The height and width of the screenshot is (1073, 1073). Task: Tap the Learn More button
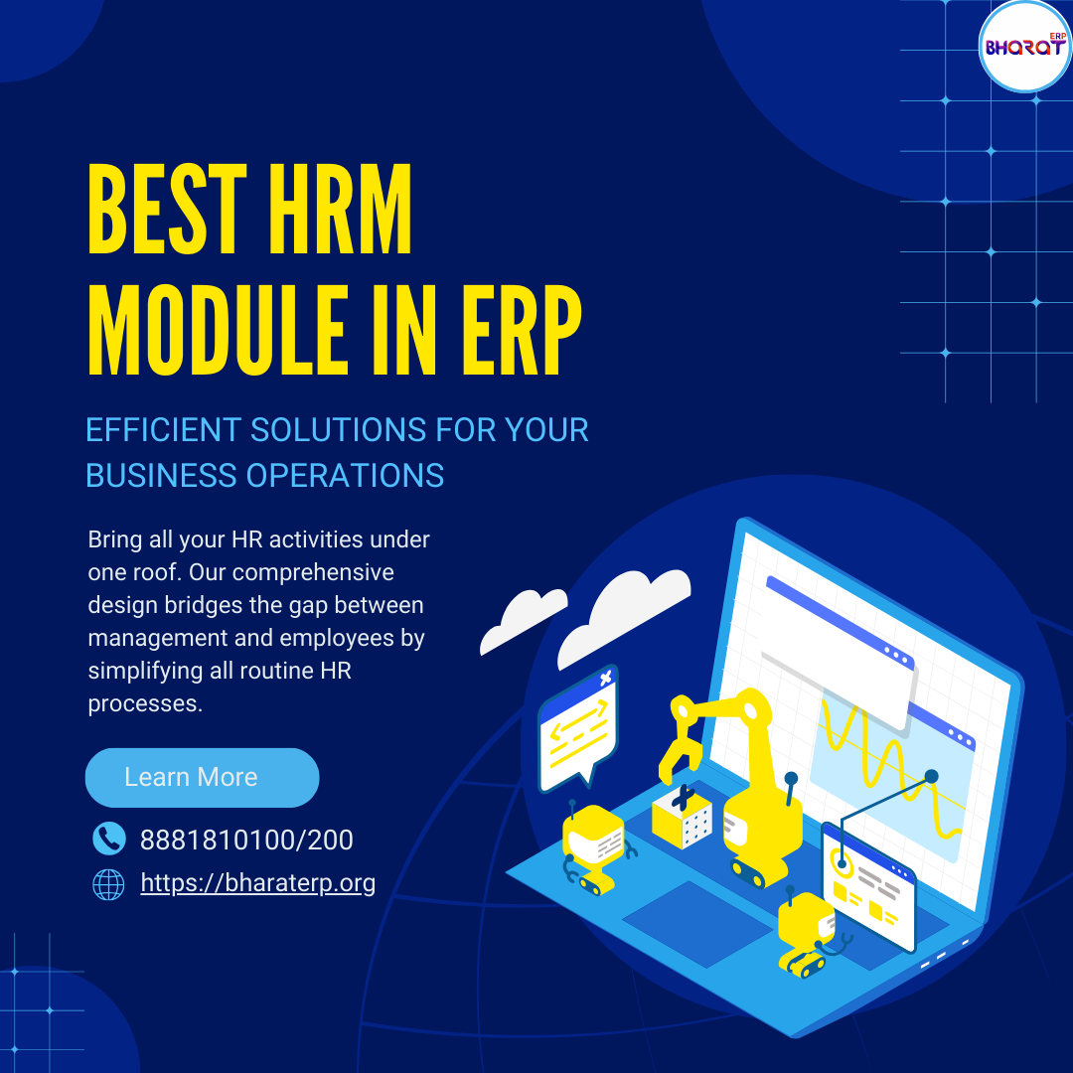pos(202,777)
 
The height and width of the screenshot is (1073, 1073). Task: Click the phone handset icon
pos(109,839)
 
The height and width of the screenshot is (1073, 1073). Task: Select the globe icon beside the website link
pos(109,884)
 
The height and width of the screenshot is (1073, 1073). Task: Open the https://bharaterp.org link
pos(258,883)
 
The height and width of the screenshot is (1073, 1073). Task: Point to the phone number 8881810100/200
pos(246,840)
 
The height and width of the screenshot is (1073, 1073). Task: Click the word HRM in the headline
pos(340,209)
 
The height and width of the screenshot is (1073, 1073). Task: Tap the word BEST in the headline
pos(167,209)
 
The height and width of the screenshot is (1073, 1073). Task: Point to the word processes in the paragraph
pos(145,703)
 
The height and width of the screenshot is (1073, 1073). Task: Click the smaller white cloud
pos(524,620)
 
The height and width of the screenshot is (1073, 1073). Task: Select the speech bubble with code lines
pos(579,728)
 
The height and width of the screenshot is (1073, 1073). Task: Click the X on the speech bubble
pos(606,679)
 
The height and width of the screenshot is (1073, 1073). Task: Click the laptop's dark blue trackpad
pos(697,925)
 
